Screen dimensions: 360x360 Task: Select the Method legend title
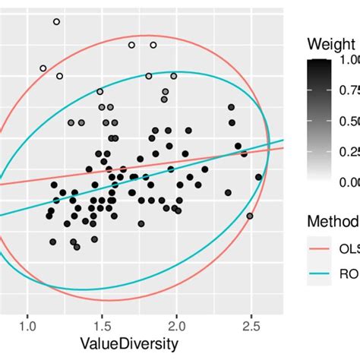click(x=333, y=221)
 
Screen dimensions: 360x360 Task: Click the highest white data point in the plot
click(x=57, y=22)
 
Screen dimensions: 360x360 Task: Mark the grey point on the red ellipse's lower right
click(x=250, y=216)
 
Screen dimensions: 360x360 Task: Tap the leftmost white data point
click(x=43, y=68)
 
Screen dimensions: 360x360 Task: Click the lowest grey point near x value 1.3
click(x=77, y=247)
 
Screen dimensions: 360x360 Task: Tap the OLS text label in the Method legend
click(x=350, y=251)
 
